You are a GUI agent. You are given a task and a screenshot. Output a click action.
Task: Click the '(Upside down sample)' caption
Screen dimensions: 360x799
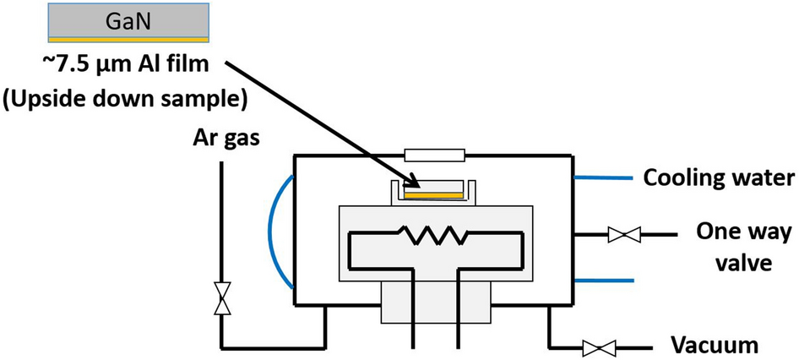click(x=124, y=99)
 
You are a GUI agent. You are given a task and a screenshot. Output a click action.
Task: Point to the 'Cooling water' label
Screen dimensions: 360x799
click(x=718, y=178)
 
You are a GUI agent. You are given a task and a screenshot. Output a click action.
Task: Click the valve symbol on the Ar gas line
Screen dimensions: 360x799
click(x=222, y=299)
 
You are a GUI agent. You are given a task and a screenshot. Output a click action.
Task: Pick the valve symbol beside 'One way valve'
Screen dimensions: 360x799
click(x=623, y=234)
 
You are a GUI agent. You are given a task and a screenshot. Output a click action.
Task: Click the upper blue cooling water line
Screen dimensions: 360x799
click(x=603, y=178)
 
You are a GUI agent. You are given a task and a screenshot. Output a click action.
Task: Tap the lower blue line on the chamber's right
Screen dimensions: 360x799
click(x=603, y=281)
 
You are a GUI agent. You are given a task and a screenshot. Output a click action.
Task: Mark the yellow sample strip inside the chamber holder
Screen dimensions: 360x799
click(x=433, y=195)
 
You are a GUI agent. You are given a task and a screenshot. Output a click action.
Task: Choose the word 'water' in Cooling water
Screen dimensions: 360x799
click(x=765, y=178)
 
